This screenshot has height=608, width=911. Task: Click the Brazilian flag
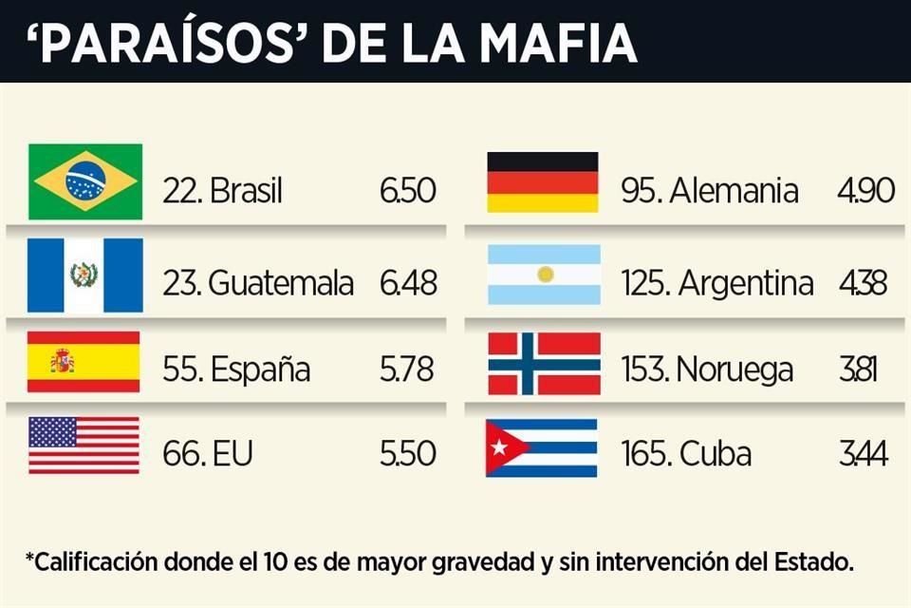(85, 181)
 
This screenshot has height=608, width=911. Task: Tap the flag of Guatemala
(85, 275)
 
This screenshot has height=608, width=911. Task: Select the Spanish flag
(84, 361)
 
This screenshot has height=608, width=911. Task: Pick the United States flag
(84, 446)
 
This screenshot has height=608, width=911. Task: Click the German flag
(543, 182)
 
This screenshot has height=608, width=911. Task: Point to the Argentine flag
(544, 275)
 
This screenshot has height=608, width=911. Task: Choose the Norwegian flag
(544, 363)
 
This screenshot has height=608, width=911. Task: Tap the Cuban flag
(542, 447)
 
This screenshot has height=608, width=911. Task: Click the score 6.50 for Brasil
(407, 191)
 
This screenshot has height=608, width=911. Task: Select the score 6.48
(407, 282)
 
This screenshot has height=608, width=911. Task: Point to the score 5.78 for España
(407, 369)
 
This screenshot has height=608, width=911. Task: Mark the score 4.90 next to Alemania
(865, 191)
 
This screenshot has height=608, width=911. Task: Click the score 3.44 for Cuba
(864, 454)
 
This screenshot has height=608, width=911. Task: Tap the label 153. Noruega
(707, 369)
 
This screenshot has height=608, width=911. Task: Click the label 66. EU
(206, 454)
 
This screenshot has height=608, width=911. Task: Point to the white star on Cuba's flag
(498, 447)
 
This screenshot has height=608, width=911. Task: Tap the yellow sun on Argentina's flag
(545, 275)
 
